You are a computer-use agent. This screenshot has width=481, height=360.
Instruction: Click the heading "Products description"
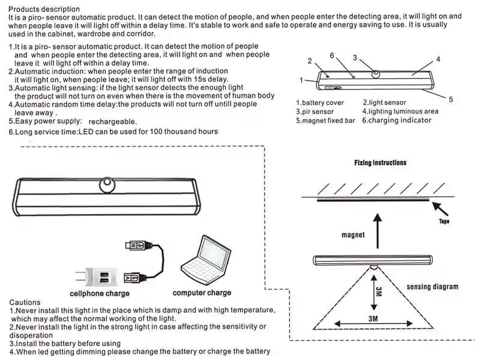(44, 9)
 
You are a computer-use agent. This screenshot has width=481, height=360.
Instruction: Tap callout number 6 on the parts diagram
(332, 55)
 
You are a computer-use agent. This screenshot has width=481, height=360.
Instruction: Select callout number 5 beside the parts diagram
(450, 99)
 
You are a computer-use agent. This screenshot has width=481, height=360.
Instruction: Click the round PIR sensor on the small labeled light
(375, 74)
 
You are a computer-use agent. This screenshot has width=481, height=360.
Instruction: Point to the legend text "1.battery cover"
(320, 103)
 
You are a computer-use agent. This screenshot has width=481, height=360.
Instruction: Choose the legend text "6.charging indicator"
(397, 120)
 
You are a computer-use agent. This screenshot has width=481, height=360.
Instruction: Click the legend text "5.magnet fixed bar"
(325, 121)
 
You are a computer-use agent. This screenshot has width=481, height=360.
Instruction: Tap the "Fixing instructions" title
(380, 162)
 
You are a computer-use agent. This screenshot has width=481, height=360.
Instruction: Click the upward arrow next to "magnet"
(378, 231)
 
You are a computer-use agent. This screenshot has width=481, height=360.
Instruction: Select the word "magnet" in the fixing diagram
(353, 235)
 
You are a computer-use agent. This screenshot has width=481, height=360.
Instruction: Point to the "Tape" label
(444, 221)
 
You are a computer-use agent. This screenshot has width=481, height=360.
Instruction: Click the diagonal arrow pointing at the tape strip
(440, 209)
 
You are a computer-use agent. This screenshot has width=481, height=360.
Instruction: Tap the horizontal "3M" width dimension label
(373, 319)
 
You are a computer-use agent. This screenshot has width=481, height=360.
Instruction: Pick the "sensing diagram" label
(432, 287)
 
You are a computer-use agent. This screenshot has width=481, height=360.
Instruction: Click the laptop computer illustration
(206, 260)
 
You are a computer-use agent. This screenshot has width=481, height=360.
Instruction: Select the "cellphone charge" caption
(100, 293)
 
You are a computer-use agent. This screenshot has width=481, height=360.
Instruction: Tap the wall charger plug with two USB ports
(96, 276)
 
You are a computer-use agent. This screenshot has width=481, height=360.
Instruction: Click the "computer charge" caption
(202, 293)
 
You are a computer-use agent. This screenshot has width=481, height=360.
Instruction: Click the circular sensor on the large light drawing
(107, 185)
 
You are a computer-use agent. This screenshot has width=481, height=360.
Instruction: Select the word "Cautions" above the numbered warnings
(25, 302)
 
